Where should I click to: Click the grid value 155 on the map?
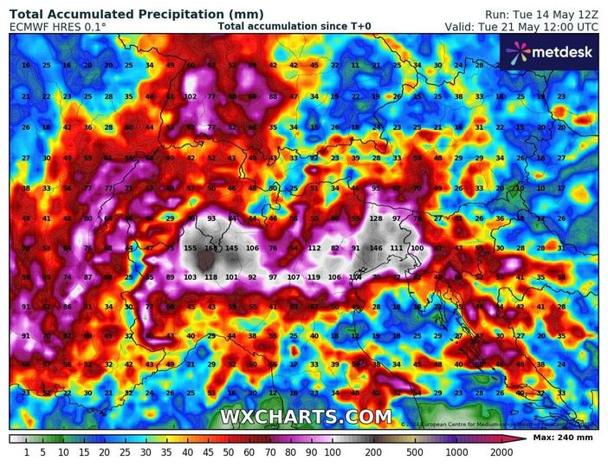191,248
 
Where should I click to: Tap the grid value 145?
232,248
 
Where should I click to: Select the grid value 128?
375,219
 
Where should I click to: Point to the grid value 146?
376,248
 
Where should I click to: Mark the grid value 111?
397,248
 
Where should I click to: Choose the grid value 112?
314,248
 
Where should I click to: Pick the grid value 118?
211,277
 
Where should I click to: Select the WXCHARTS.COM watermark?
305,417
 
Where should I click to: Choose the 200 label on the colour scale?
374,452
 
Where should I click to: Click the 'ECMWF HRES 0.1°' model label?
58,27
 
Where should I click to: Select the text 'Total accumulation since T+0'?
294,27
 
